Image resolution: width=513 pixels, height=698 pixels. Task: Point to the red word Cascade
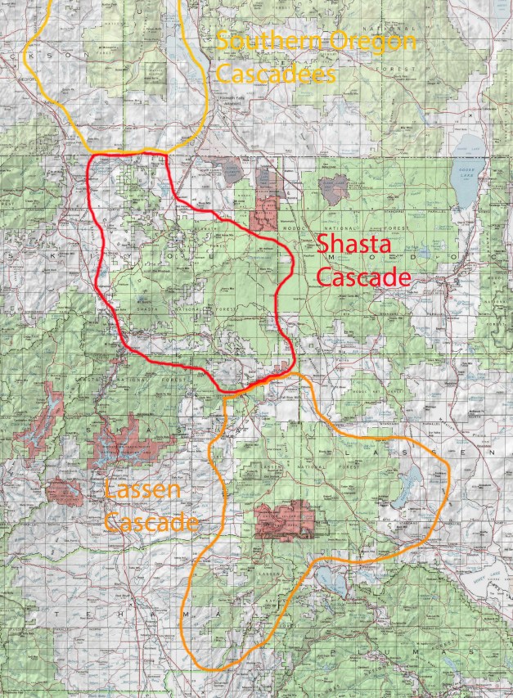(362, 277)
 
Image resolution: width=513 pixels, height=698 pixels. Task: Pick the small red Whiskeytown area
(64, 491)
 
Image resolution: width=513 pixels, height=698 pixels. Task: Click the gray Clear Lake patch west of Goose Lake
(332, 189)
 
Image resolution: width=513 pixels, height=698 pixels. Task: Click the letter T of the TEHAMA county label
(57, 614)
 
